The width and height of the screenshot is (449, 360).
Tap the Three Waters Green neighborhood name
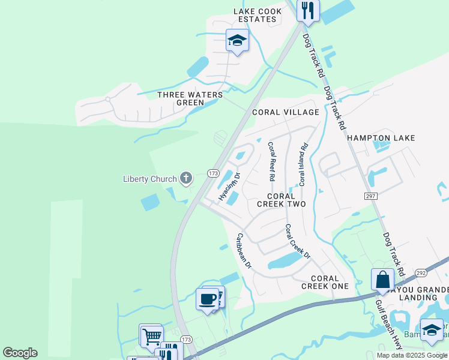(x=190, y=98)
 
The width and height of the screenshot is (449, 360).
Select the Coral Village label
(x=285, y=112)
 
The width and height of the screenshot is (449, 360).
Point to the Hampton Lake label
(x=381, y=138)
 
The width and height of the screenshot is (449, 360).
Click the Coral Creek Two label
(x=281, y=200)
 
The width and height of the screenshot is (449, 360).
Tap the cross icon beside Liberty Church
(x=186, y=178)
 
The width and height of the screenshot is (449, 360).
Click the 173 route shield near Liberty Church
(x=212, y=173)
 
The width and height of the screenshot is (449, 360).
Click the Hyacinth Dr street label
(x=229, y=188)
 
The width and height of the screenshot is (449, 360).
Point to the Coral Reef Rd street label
(x=271, y=162)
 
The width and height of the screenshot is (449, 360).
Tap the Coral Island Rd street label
(x=304, y=164)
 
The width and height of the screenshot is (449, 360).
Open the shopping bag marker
(x=382, y=280)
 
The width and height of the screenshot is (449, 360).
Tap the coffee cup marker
(x=207, y=298)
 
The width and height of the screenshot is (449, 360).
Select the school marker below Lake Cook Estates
(x=237, y=41)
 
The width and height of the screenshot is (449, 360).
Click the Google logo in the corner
(x=20, y=353)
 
